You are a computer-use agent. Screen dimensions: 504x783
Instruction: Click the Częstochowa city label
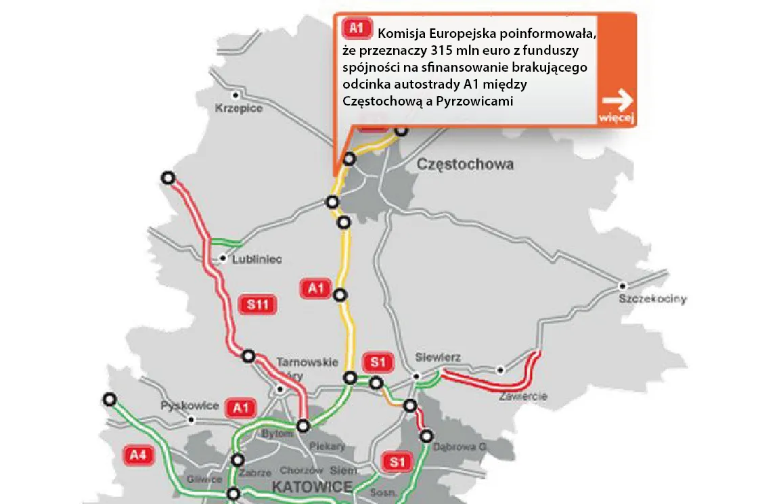coord(465,164)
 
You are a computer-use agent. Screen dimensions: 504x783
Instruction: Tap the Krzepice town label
coord(238,108)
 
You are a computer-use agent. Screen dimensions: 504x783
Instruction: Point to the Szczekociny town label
coord(653,299)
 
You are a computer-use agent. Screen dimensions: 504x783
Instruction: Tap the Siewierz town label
coord(438,357)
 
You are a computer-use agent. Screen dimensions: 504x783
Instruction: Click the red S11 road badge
coord(258,305)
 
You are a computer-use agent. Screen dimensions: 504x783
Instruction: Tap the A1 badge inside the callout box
coord(357,28)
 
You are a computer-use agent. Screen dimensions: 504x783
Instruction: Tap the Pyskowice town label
coord(189,406)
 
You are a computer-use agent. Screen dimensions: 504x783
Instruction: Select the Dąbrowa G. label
coord(464,446)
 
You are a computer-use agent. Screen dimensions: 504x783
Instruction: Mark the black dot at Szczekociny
coord(623,285)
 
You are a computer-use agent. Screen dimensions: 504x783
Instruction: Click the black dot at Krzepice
coord(236,95)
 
